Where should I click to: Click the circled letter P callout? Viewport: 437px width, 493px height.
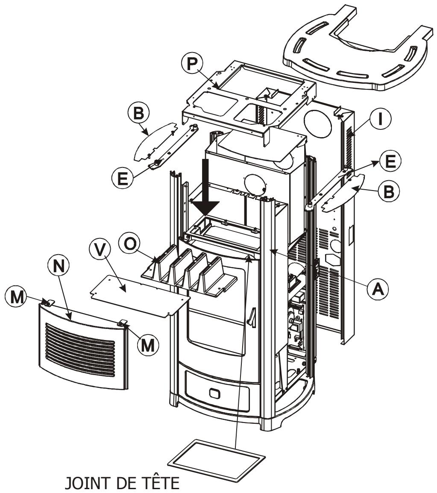click(x=191, y=64)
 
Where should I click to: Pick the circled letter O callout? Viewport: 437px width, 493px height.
click(x=129, y=244)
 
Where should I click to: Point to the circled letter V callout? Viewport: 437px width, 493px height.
click(x=100, y=251)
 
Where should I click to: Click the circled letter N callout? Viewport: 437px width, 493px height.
click(x=59, y=266)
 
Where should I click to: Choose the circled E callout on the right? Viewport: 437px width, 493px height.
click(x=390, y=161)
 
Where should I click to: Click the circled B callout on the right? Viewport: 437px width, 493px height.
click(x=389, y=191)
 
